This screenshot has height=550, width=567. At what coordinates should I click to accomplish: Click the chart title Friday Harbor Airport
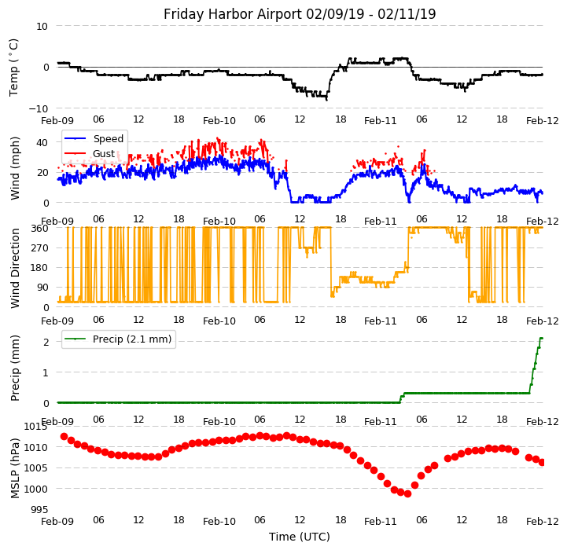click(300, 14)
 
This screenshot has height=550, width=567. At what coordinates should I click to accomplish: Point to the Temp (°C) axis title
click(14, 67)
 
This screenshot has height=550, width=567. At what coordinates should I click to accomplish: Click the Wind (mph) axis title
click(15, 167)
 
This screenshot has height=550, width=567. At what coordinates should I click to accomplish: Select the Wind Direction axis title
click(15, 267)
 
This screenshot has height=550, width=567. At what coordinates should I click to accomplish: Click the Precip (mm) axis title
click(15, 367)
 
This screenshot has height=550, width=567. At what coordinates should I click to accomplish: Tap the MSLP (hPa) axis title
click(15, 467)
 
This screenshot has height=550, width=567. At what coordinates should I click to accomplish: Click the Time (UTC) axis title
click(300, 537)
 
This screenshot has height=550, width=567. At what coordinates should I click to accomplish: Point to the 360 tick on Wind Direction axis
click(39, 228)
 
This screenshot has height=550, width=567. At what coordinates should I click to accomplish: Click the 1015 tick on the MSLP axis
click(35, 427)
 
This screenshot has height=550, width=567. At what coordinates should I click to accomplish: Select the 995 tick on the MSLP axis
click(39, 510)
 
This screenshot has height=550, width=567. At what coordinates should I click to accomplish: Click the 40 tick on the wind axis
click(42, 142)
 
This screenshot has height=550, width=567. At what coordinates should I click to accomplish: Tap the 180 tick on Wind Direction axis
click(39, 267)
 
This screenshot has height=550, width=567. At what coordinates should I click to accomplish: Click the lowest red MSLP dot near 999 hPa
click(407, 493)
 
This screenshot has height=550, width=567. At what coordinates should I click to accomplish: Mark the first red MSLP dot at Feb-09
click(64, 436)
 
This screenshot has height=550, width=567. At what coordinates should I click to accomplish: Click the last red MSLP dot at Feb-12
click(542, 462)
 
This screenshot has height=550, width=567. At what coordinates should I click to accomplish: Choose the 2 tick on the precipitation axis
click(45, 342)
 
